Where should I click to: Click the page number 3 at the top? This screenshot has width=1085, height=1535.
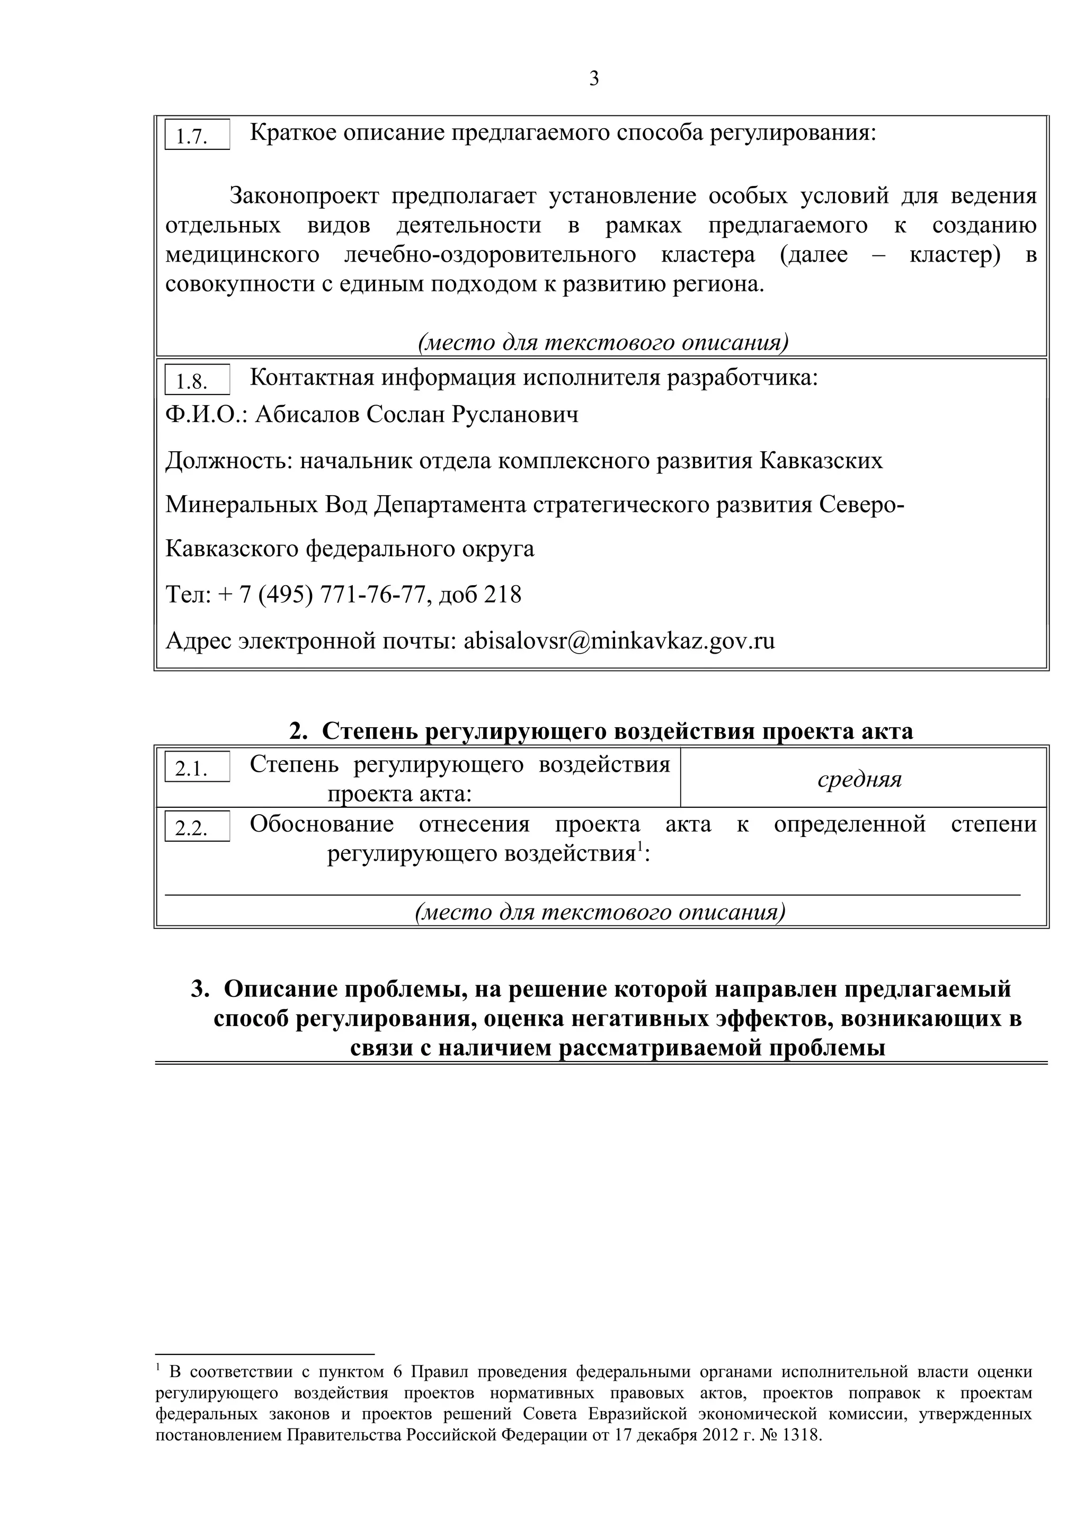[594, 79]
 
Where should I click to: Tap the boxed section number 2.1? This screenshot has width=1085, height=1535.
[192, 770]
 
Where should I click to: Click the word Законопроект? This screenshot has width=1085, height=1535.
[304, 197]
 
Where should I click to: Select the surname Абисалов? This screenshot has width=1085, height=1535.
[308, 415]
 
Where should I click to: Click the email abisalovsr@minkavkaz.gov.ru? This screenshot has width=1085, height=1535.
[619, 641]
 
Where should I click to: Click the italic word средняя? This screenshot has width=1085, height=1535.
[860, 780]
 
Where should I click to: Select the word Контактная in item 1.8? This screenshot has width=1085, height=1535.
[312, 378]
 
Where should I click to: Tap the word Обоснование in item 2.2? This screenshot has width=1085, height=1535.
[322, 824]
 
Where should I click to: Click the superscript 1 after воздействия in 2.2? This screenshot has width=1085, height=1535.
[639, 847]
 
